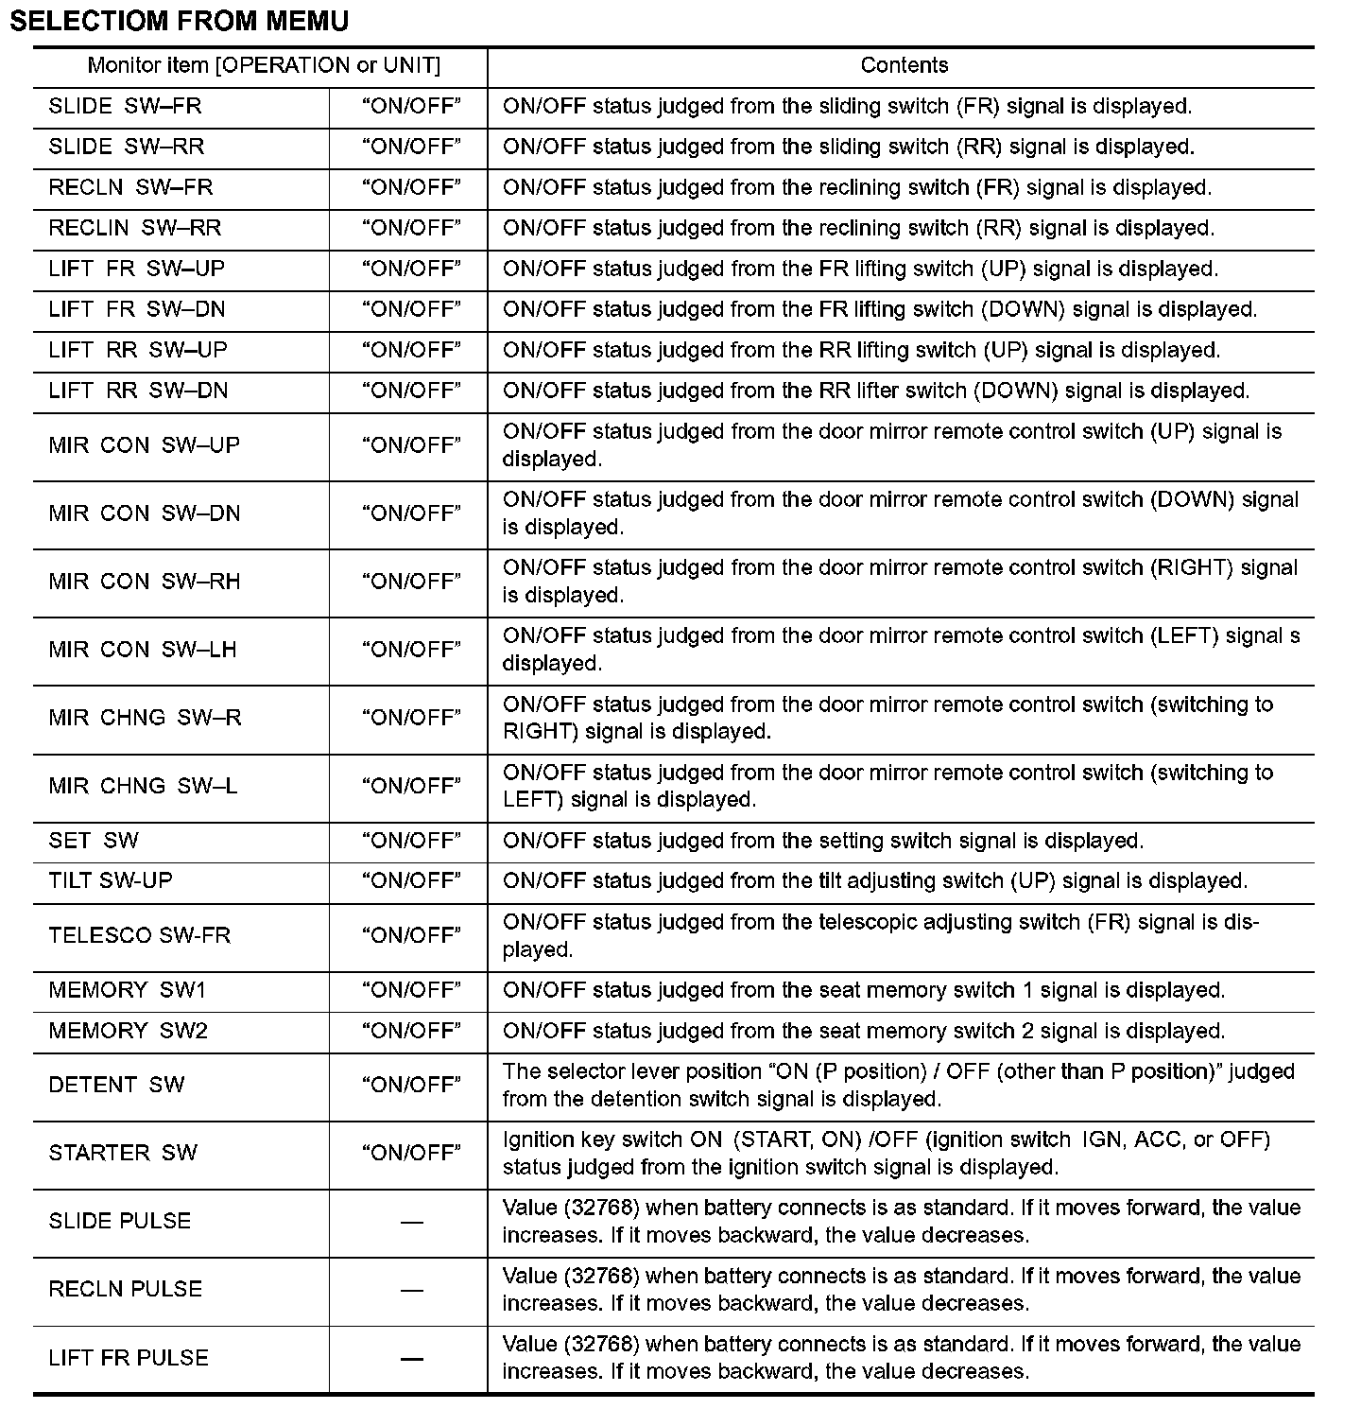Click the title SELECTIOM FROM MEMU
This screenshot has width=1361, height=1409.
click(x=179, y=21)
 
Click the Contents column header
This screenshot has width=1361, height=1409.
click(x=904, y=65)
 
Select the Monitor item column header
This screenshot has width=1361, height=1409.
click(x=264, y=65)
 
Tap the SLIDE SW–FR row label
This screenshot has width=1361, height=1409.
click(x=125, y=106)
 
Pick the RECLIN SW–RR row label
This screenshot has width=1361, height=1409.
click(x=134, y=228)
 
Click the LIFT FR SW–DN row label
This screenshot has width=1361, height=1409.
click(x=137, y=309)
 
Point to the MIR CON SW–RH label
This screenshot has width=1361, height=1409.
click(x=144, y=582)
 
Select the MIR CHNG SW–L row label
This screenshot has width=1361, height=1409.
click(x=143, y=786)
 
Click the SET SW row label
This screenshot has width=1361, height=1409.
click(x=94, y=841)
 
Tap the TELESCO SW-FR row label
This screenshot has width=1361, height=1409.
click(x=139, y=935)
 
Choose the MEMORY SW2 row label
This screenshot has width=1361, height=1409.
click(x=128, y=1031)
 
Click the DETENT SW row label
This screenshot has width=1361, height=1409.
click(x=116, y=1085)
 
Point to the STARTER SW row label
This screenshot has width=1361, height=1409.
click(x=123, y=1153)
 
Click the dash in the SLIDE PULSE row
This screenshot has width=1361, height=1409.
click(x=411, y=1222)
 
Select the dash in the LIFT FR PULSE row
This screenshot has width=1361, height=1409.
click(x=411, y=1359)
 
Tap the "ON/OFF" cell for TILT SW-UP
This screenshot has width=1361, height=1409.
click(x=411, y=880)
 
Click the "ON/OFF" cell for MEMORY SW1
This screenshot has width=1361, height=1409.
click(x=411, y=990)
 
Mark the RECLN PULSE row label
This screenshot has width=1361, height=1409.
click(x=125, y=1289)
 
